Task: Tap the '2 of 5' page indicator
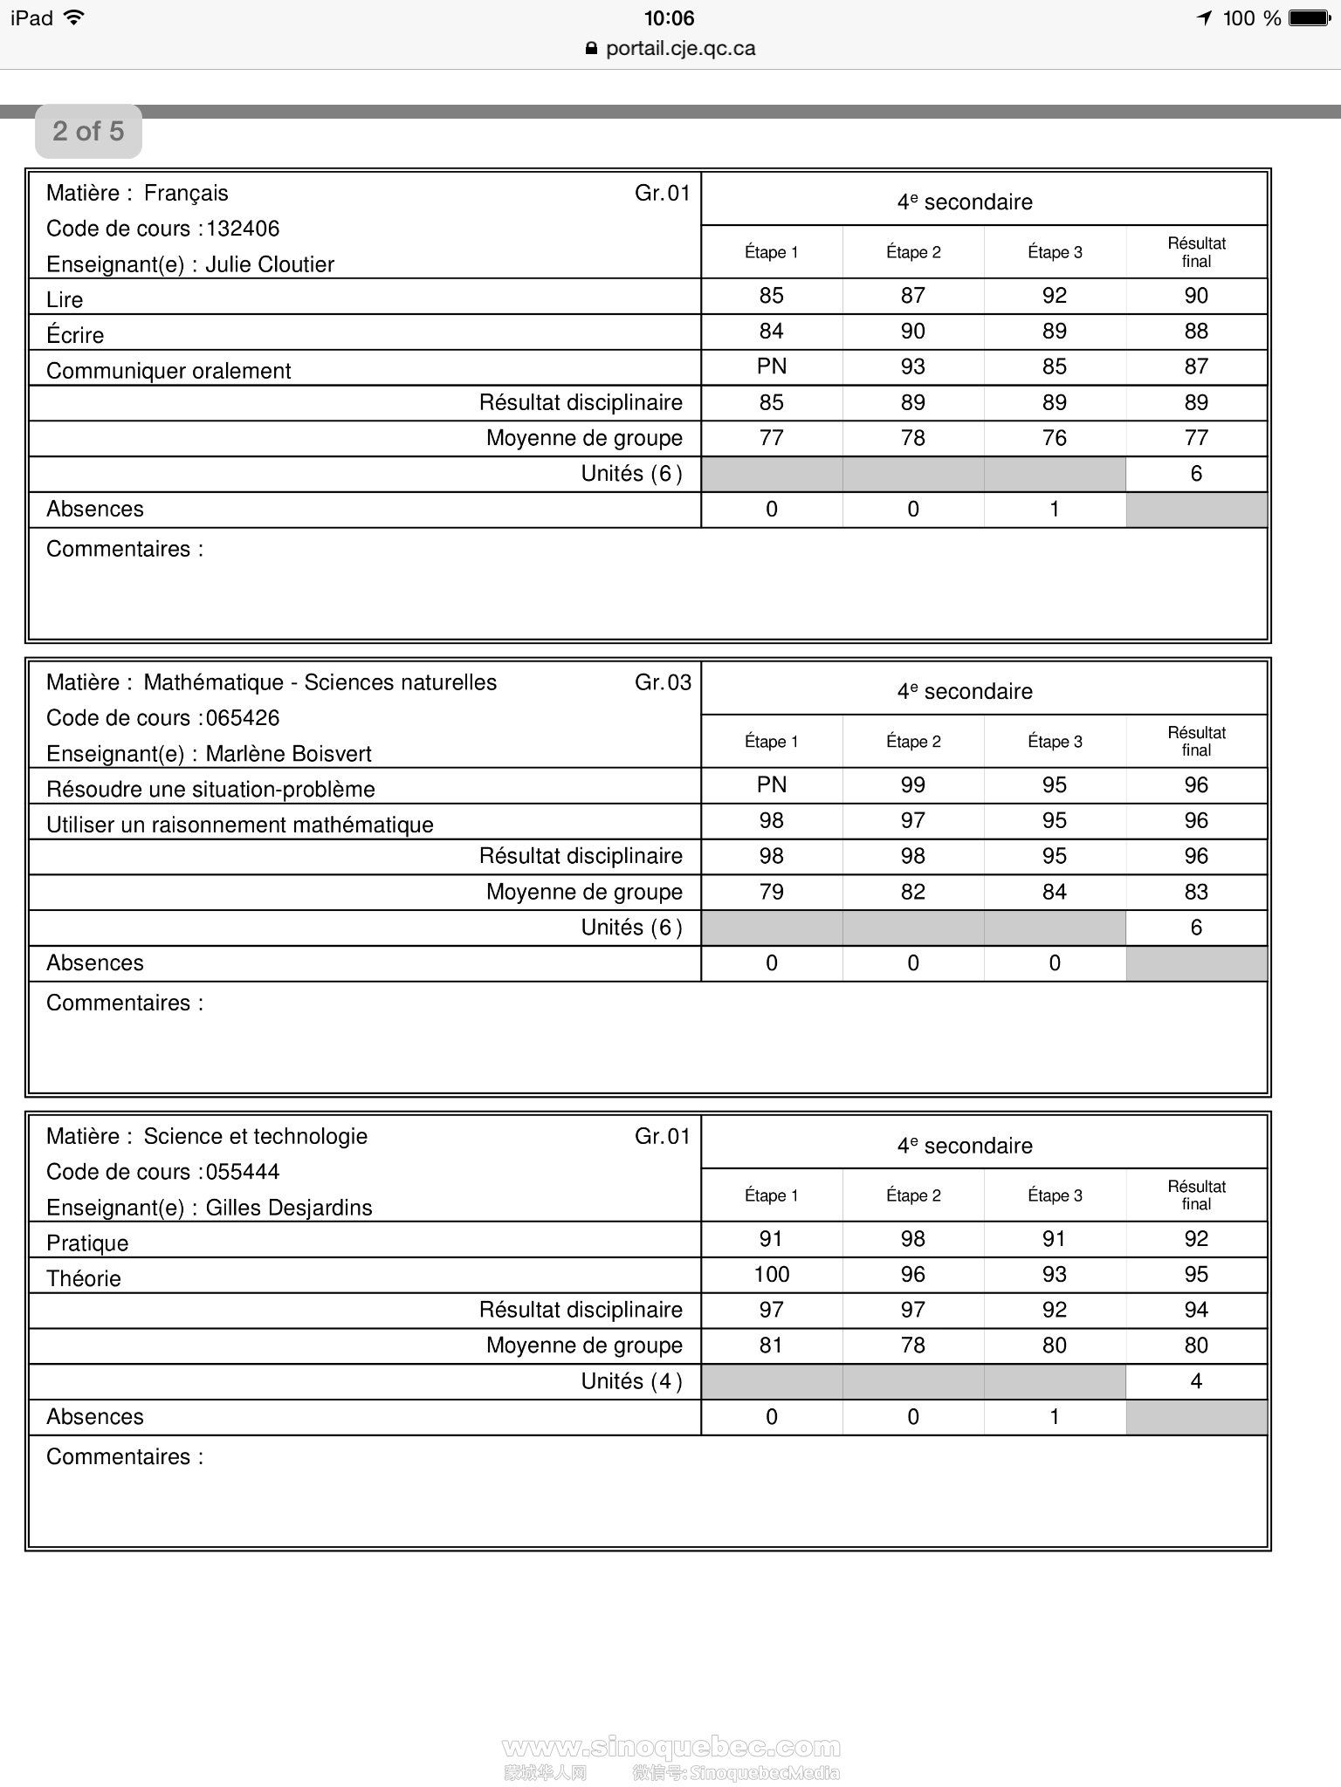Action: pyautogui.click(x=88, y=132)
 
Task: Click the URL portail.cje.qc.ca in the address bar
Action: pyautogui.click(x=680, y=49)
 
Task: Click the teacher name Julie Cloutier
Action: pyautogui.click(x=270, y=264)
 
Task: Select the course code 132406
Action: pyautogui.click(x=243, y=229)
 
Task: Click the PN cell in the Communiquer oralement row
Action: pyautogui.click(x=771, y=366)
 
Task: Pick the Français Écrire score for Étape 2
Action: pyautogui.click(x=912, y=332)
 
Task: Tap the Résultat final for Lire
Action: pyautogui.click(x=1195, y=296)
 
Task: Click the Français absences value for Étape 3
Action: pyautogui.click(x=1054, y=510)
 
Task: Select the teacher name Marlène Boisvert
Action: pyautogui.click(x=288, y=754)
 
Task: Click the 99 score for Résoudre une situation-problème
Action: pyautogui.click(x=912, y=785)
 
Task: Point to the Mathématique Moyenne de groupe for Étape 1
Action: pyautogui.click(x=771, y=892)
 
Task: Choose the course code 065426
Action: pyautogui.click(x=243, y=718)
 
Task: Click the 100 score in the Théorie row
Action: pyautogui.click(x=771, y=1275)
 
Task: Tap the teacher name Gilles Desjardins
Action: pyautogui.click(x=288, y=1208)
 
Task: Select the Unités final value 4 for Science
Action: pyautogui.click(x=1195, y=1381)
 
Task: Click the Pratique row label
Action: pyautogui.click(x=87, y=1243)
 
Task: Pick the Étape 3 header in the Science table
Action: pyautogui.click(x=1054, y=1195)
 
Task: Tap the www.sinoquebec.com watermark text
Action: pyautogui.click(x=671, y=1748)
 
